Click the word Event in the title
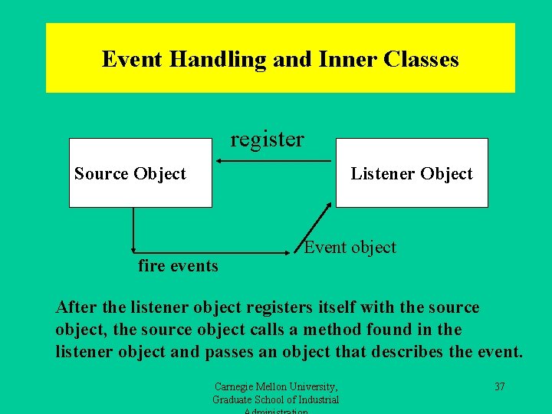(130, 59)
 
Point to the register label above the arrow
(267, 140)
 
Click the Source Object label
(130, 173)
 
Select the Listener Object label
(412, 173)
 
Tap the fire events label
(178, 266)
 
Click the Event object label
(350, 247)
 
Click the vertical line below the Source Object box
(133, 228)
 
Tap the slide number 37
(499, 386)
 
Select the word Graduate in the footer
(234, 399)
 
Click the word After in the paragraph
(75, 307)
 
